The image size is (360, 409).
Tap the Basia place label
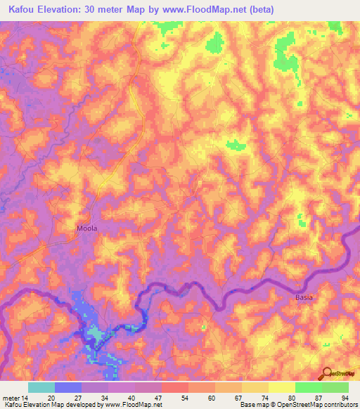pyautogui.click(x=303, y=297)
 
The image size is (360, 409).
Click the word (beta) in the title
pyautogui.click(x=257, y=9)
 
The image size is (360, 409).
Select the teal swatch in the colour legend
pyautogui.click(x=41, y=387)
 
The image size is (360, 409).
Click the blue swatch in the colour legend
pyautogui.click(x=68, y=387)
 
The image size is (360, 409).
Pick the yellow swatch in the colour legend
pyautogui.click(x=281, y=387)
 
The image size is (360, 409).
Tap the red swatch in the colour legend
pyautogui.click(x=174, y=387)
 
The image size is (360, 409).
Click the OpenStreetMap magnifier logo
pyautogui.click(x=327, y=372)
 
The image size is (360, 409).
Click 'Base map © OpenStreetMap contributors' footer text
pyautogui.click(x=298, y=405)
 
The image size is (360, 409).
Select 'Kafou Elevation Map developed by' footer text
pyautogui.click(x=51, y=405)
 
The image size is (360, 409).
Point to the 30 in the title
pyautogui.click(x=97, y=9)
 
